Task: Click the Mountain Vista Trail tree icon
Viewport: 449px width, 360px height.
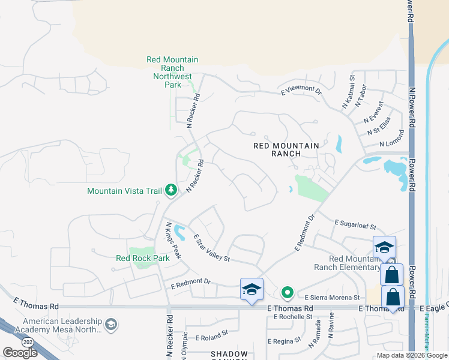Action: pos(171,190)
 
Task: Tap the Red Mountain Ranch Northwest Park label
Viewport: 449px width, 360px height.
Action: pos(173,72)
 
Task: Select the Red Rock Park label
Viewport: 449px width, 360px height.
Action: pos(142,258)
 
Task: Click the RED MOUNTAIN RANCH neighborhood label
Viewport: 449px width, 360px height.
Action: pos(286,149)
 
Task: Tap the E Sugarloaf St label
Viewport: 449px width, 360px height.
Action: pos(355,225)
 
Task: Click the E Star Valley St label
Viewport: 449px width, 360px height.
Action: pos(212,248)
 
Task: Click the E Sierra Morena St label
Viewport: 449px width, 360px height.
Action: pos(332,298)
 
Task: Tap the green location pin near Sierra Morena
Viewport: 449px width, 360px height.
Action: pos(288,293)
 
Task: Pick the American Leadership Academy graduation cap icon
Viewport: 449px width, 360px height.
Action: pos(110,325)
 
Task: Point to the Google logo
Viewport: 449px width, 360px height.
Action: pos(20,352)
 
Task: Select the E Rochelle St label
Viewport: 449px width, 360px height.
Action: pos(292,316)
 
